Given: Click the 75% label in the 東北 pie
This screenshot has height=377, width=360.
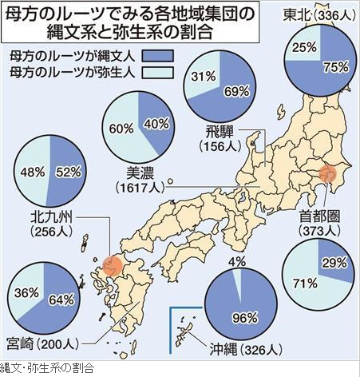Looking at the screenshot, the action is [336, 67].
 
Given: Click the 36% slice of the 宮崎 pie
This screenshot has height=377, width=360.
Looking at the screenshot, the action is [26, 289].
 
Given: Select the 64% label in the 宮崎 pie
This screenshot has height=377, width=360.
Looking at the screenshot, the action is [61, 300].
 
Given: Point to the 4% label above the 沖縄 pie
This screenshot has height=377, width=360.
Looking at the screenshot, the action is [237, 262].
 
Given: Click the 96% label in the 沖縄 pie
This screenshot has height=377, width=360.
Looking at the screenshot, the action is [245, 318].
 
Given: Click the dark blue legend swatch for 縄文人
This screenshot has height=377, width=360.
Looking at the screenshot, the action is [158, 56].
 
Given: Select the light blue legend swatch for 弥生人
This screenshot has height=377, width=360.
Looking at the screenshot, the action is [158, 73].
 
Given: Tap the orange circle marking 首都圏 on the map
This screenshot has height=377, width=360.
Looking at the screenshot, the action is [328, 173].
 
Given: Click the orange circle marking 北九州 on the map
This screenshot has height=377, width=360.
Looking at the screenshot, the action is [113, 266].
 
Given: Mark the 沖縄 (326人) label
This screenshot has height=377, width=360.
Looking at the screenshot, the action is [245, 349].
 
